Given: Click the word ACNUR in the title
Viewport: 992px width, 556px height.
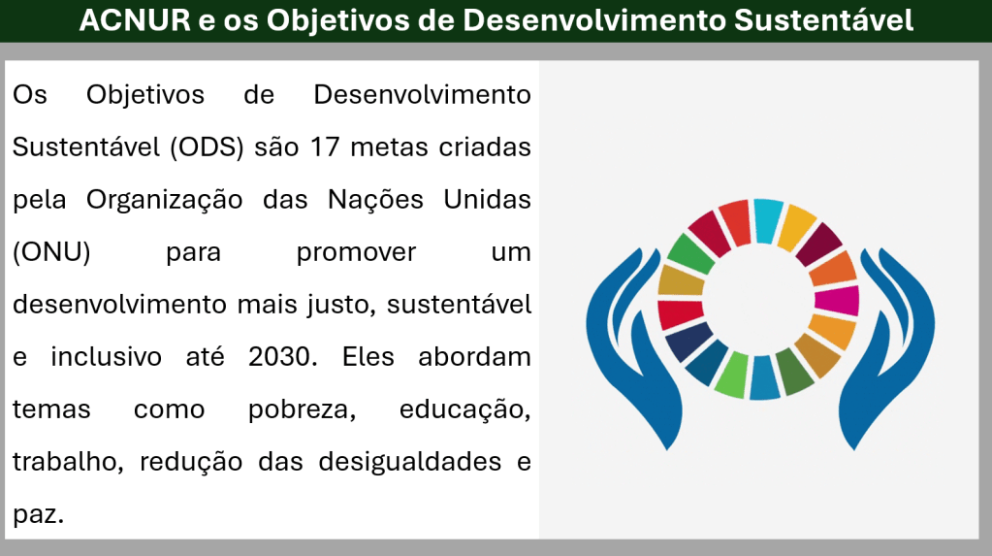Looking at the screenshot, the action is click(135, 20).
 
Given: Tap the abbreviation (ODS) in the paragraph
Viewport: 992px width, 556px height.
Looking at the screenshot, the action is click(207, 147).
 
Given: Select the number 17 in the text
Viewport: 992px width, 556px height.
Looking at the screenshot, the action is click(325, 147).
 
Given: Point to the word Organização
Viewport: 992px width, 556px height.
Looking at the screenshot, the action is click(165, 200).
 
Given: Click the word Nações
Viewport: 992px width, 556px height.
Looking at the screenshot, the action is click(375, 200).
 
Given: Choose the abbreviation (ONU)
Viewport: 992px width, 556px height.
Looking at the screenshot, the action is click(51, 252).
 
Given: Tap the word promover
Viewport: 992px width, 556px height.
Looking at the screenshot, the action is click(356, 253).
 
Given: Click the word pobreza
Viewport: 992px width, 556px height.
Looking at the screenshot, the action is click(302, 410).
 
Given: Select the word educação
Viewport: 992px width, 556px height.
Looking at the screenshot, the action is click(465, 410).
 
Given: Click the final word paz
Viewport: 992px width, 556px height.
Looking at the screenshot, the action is click(39, 514).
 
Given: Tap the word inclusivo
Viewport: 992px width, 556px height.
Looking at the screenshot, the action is click(107, 357).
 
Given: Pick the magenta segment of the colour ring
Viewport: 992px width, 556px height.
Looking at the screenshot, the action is click(837, 301).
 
